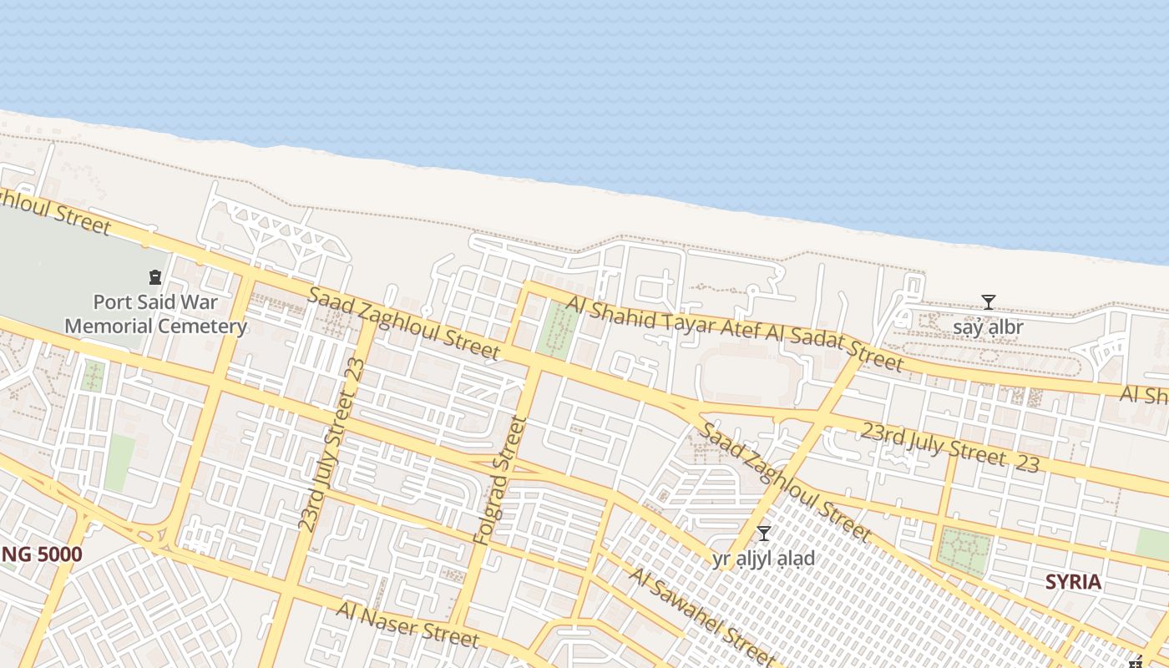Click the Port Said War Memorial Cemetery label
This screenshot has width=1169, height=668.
(156, 313)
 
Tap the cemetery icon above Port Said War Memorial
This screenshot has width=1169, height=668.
(154, 276)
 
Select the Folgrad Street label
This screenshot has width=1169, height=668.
(501, 481)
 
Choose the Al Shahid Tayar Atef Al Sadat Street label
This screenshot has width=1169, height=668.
(735, 331)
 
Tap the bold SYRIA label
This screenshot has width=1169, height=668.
(1073, 582)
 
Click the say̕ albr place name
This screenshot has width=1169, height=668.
(988, 327)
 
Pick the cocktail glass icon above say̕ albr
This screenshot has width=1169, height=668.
(989, 301)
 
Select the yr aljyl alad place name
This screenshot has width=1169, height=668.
(763, 559)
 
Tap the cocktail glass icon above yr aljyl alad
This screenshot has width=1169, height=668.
(763, 534)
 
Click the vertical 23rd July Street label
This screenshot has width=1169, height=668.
(332, 444)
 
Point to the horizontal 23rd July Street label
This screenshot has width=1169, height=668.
(949, 447)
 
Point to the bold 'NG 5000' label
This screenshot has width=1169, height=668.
(41, 554)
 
